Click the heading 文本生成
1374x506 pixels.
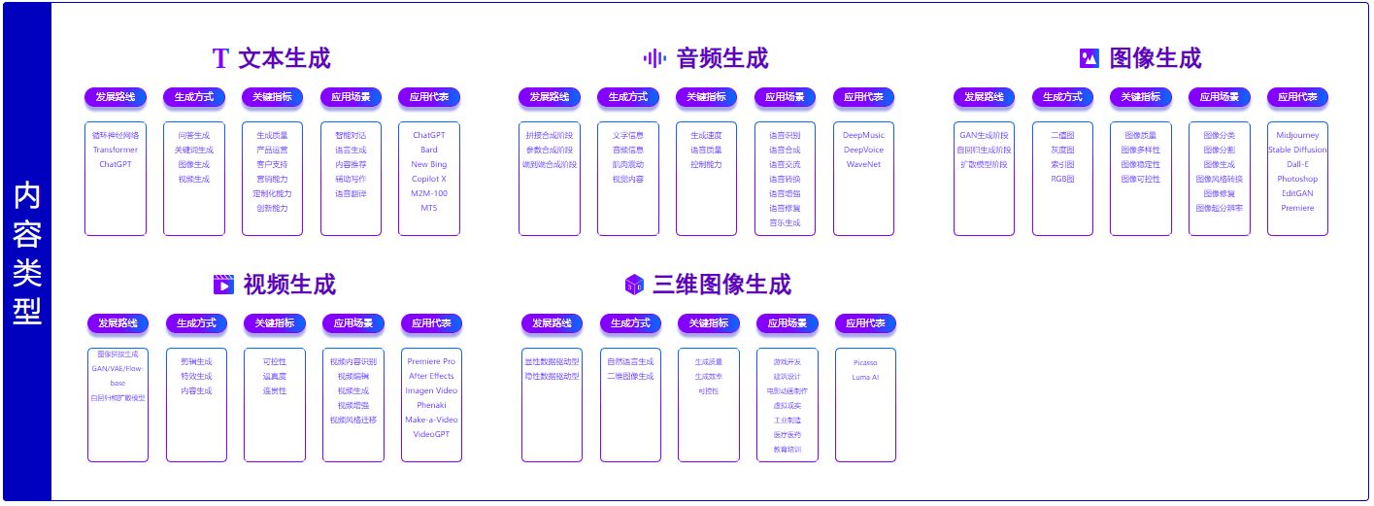click(x=284, y=58)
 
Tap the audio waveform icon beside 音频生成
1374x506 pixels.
click(x=654, y=58)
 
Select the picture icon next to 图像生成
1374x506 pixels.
click(x=1089, y=58)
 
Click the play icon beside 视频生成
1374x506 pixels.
click(x=223, y=285)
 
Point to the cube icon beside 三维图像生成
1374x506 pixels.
click(x=634, y=285)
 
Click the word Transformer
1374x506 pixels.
click(x=116, y=150)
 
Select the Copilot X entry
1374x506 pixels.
click(x=429, y=179)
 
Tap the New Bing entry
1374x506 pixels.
click(x=429, y=164)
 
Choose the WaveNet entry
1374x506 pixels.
click(x=863, y=164)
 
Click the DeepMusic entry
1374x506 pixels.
click(x=863, y=135)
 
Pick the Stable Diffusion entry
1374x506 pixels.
click(x=1297, y=150)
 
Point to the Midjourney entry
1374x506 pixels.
click(x=1297, y=135)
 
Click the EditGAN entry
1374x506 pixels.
click(x=1297, y=193)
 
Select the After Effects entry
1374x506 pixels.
click(x=431, y=376)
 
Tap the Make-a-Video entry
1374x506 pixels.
click(x=431, y=420)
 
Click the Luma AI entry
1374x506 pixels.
click(x=865, y=377)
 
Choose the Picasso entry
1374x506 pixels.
click(x=865, y=362)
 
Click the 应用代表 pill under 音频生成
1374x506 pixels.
click(x=863, y=97)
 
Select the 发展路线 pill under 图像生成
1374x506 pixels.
click(x=984, y=97)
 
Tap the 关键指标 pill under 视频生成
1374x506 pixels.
click(x=275, y=323)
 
